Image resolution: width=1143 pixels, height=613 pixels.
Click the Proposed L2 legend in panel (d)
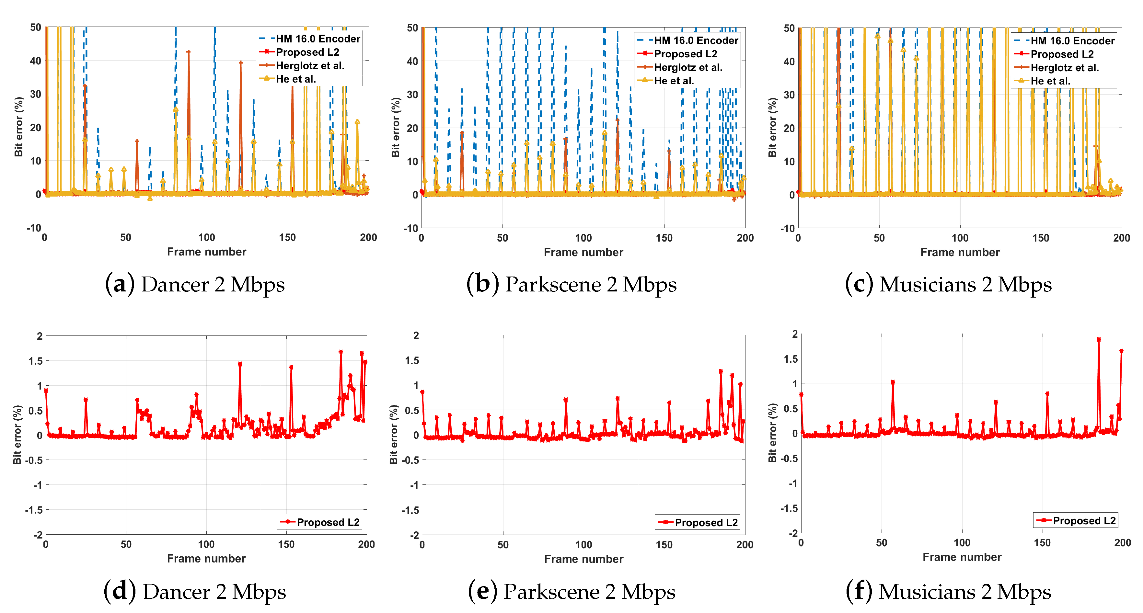(x=320, y=522)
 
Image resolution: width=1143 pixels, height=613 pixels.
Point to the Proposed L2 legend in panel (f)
(x=1076, y=520)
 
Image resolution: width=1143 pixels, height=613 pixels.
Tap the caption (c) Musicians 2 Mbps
(x=948, y=284)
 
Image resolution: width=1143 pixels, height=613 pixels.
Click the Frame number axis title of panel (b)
(x=583, y=252)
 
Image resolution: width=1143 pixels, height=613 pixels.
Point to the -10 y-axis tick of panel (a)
(x=34, y=228)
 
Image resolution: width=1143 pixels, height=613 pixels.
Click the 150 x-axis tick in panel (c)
(x=1041, y=238)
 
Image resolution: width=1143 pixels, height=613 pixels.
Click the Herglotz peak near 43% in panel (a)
(x=189, y=52)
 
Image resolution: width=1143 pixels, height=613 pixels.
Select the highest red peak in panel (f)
(x=1099, y=340)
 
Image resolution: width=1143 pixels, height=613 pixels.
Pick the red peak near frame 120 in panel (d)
(x=240, y=364)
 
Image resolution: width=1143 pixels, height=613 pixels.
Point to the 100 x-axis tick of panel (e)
(x=583, y=545)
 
